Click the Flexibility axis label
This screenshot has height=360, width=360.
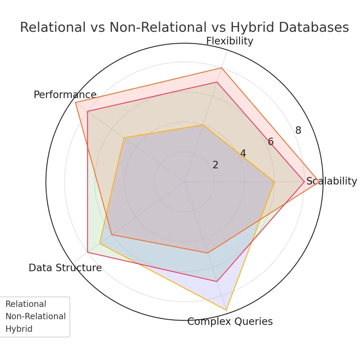tap(230, 41)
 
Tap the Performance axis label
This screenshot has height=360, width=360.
tap(65, 94)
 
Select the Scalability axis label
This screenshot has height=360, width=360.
tap(332, 181)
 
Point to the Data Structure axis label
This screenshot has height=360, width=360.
tap(65, 267)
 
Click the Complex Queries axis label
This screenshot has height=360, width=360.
tap(230, 321)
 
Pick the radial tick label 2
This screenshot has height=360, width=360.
tap(215, 165)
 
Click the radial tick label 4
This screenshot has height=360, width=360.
tap(243, 153)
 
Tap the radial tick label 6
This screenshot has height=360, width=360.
tap(271, 142)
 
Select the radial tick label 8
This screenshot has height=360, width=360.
tap(298, 130)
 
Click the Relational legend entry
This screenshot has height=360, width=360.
tap(26, 304)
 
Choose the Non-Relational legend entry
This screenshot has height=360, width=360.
tap(36, 316)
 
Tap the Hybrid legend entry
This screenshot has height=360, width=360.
tap(19, 329)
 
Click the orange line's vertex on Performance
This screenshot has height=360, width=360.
tap(75, 103)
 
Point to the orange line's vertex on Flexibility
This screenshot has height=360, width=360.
tap(222, 68)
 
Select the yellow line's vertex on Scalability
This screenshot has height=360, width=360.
tap(274, 182)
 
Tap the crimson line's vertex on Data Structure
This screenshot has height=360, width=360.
tap(87, 252)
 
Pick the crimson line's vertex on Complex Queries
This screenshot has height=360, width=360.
tap(217, 281)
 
